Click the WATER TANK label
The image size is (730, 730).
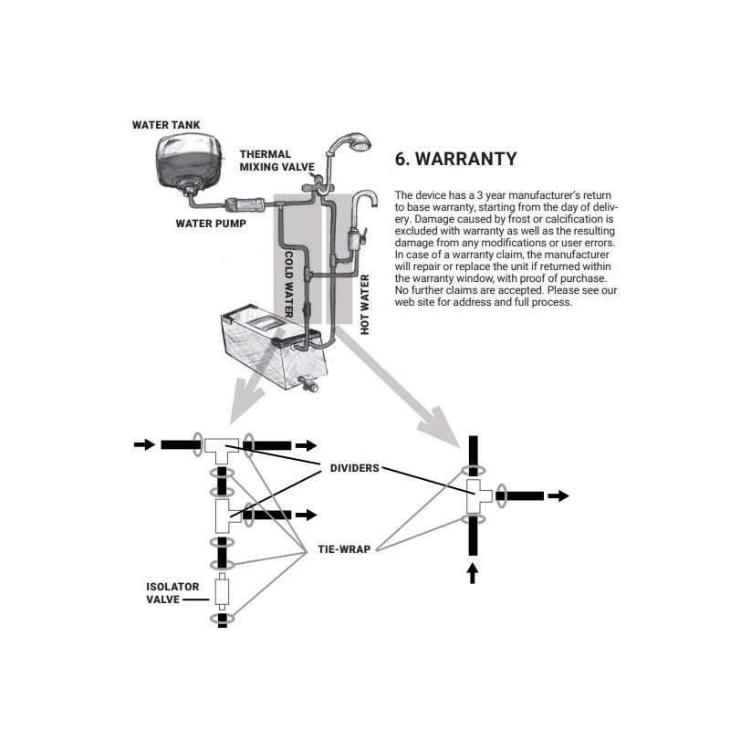coord(166,124)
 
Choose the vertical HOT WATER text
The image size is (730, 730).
coord(365,305)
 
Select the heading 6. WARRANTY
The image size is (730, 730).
coord(455,159)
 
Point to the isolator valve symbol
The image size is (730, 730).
coord(222,592)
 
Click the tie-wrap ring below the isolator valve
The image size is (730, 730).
coord(222,620)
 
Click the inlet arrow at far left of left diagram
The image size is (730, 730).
coord(144,444)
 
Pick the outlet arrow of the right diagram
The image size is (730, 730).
coord(558,495)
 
